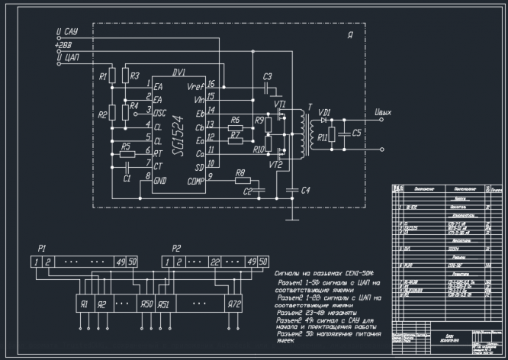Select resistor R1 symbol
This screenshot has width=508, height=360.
[112, 76]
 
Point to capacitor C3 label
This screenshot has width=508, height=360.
[267, 77]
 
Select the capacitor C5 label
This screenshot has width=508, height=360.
[358, 131]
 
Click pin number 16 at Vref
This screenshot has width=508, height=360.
[211, 84]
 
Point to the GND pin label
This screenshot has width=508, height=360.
[160, 181]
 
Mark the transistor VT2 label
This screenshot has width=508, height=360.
[275, 164]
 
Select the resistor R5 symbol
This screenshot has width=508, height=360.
[127, 154]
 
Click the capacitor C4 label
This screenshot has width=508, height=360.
[305, 190]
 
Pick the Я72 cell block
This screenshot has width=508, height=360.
[235, 304]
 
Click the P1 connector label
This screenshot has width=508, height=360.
[43, 249]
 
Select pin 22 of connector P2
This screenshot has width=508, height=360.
[216, 262]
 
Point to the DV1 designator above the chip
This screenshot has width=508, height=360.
[178, 73]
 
